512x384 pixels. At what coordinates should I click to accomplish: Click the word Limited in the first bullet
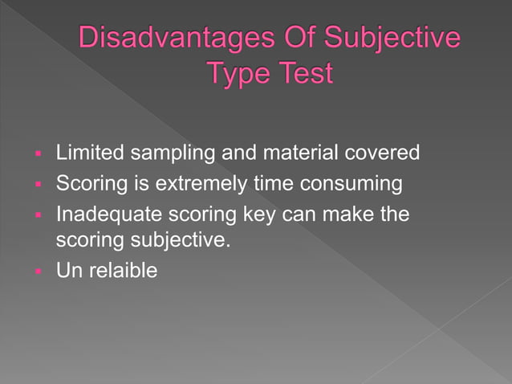click(x=86, y=153)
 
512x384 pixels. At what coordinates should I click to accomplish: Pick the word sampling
click(x=161, y=153)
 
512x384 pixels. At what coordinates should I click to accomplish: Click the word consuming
click(x=351, y=186)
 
